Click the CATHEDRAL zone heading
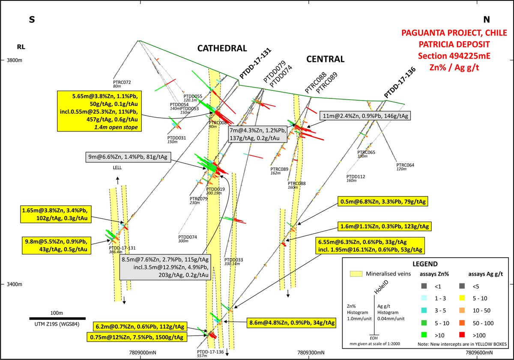pos(222,48)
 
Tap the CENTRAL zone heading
pos(325,59)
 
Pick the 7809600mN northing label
pos(479,353)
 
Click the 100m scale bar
pos(57,318)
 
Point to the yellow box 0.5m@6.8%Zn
pos(383,201)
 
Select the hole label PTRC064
pos(405,165)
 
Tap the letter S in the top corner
pos(31,19)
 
